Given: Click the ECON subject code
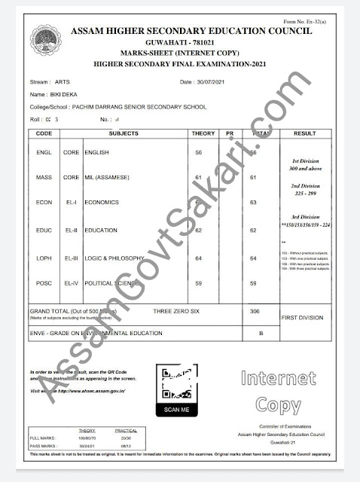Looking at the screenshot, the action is (44, 203).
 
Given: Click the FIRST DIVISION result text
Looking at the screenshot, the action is (301, 319).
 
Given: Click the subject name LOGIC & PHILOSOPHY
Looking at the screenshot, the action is (114, 258).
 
